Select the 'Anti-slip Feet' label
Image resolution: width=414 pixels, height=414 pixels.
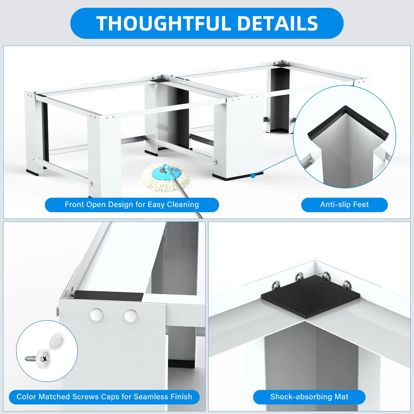[344, 205]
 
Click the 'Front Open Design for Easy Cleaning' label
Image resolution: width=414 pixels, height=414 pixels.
[132, 205]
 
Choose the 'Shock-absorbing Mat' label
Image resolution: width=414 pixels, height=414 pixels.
[309, 397]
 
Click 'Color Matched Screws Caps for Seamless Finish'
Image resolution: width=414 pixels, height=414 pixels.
[104, 397]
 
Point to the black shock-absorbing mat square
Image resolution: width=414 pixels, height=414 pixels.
[310, 298]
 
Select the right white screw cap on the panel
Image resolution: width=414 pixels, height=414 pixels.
[131, 316]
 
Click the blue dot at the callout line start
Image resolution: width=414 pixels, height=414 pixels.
[253, 176]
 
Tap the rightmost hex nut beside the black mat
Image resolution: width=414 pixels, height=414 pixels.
[347, 284]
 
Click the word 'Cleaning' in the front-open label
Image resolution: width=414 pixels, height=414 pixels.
[183, 205]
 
